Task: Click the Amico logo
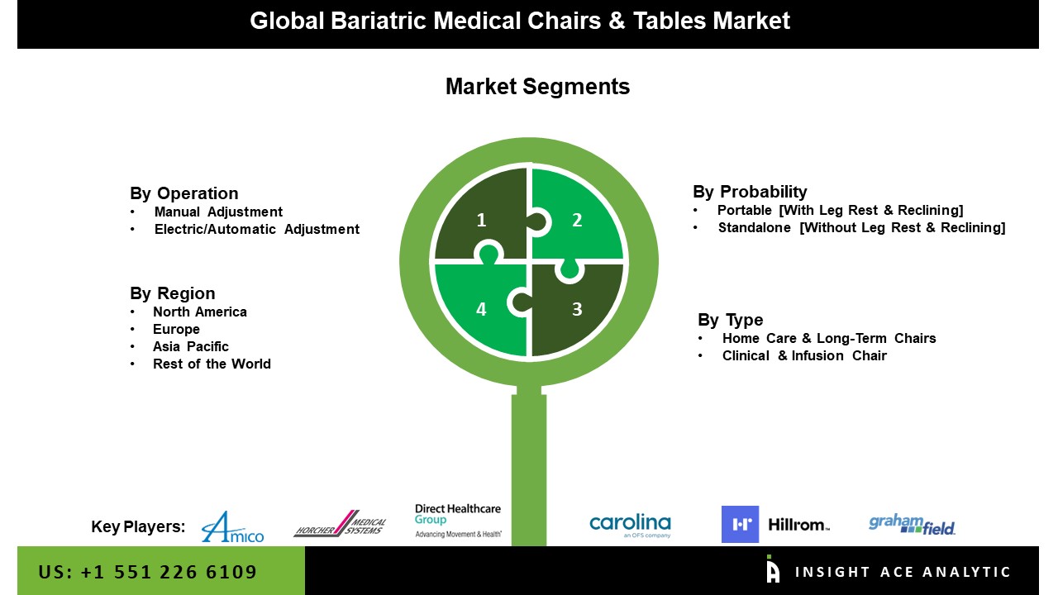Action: click(232, 526)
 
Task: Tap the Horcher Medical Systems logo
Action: click(340, 524)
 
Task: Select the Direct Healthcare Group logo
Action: click(458, 521)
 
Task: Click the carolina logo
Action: click(630, 525)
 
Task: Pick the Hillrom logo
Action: click(774, 524)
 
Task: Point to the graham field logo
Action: click(912, 524)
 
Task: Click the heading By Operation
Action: click(183, 193)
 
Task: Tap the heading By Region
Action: click(172, 293)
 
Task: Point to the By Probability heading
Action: click(750, 192)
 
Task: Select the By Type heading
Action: click(730, 320)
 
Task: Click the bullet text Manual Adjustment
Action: click(218, 212)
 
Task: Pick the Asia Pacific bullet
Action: click(190, 346)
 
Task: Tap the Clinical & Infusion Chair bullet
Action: click(803, 355)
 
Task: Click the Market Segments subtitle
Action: click(537, 87)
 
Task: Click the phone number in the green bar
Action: click(148, 572)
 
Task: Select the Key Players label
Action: click(138, 526)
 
